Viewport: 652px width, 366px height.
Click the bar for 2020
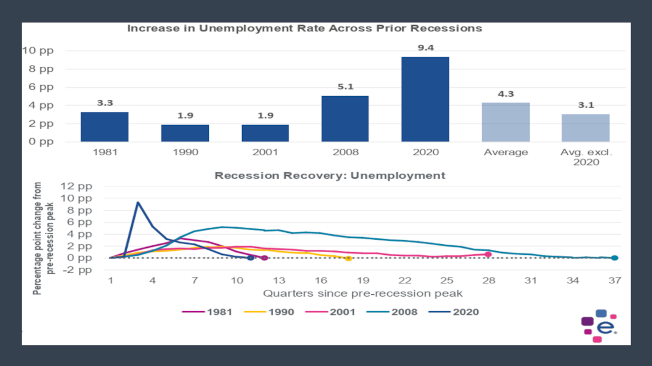425,99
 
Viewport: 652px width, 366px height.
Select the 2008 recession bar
345,119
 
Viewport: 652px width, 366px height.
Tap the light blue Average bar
505,122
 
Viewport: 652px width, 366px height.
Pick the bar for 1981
105,127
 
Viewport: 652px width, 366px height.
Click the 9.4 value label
426,48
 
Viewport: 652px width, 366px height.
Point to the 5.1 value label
345,87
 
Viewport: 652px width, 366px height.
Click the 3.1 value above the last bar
586,105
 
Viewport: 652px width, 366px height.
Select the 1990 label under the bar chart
185,152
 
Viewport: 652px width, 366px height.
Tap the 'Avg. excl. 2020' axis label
586,157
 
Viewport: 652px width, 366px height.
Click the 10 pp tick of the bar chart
38,50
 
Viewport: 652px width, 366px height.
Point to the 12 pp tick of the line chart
76,186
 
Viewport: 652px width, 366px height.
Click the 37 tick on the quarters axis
615,280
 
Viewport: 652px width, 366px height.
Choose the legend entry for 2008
392,312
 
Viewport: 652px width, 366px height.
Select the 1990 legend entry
269,312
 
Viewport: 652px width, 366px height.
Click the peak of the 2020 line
138,202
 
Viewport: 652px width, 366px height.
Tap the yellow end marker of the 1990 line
348,258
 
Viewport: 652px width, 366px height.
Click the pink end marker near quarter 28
488,254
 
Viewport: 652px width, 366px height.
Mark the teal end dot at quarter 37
615,258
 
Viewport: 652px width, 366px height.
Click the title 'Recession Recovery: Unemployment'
329,176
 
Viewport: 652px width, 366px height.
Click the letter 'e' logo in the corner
605,327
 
